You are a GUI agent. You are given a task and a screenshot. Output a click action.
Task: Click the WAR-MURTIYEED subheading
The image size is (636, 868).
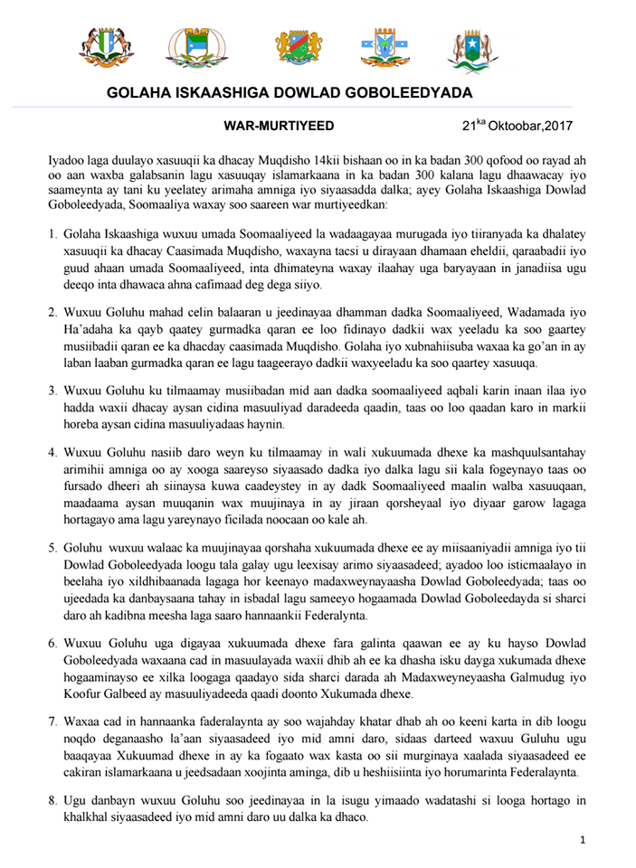point(266,126)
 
